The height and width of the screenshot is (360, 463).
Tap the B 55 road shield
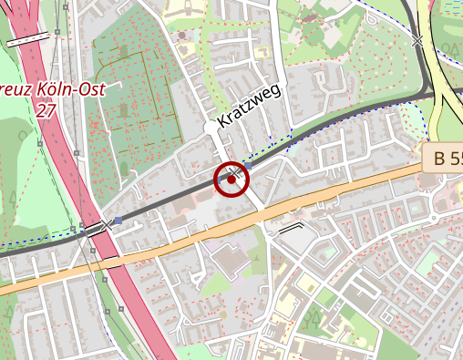[x=446, y=159]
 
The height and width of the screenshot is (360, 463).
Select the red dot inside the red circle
[x=232, y=180]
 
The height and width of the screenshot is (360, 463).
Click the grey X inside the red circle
[x=236, y=172]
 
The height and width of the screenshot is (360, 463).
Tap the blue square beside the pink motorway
[x=118, y=220]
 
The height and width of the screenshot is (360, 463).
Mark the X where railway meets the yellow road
[x=417, y=41]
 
